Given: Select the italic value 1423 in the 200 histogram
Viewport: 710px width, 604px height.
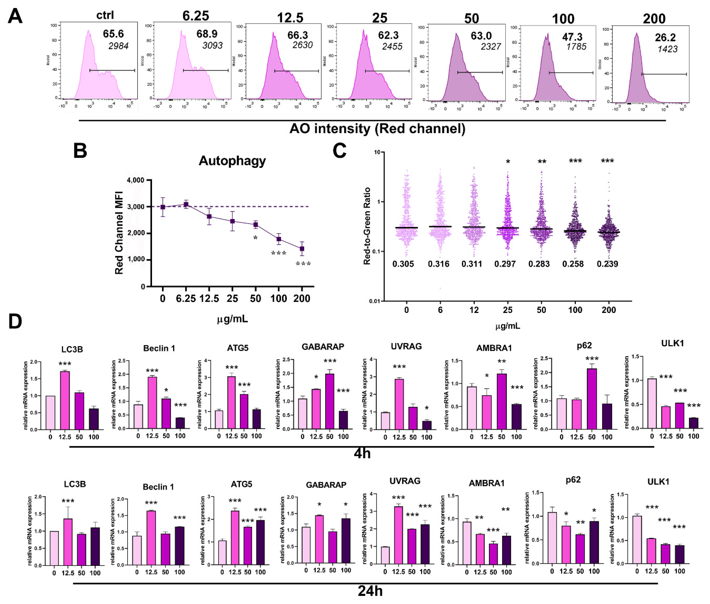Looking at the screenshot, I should point(667,49).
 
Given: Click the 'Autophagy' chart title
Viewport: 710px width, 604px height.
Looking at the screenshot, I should point(232,161).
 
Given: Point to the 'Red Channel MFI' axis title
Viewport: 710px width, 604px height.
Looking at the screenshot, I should point(119,233).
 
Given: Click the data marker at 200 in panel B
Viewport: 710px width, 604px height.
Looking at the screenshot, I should point(302,249).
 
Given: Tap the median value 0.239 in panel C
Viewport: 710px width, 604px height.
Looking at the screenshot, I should point(607,264).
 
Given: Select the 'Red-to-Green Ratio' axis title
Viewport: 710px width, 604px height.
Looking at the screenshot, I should point(367,226).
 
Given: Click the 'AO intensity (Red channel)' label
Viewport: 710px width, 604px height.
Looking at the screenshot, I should point(377,129).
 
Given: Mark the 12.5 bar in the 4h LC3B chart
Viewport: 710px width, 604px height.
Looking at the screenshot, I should point(65,400).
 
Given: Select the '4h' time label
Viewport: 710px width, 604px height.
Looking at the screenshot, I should point(362,454).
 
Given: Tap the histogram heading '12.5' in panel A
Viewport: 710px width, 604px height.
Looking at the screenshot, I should point(290,17).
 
